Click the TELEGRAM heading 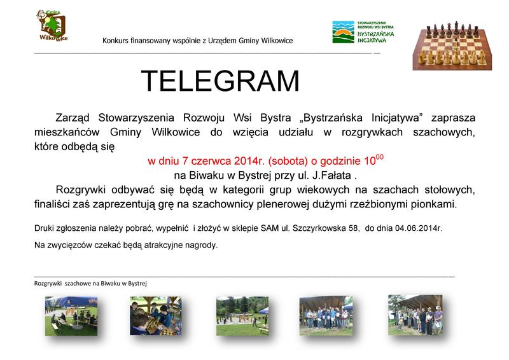(x=220, y=81)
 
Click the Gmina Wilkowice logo (x=53, y=25)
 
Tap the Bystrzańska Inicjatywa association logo (x=363, y=32)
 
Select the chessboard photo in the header (x=452, y=45)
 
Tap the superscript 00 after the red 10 (x=379, y=158)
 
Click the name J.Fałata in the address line (x=331, y=176)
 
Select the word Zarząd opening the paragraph (x=73, y=118)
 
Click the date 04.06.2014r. (x=419, y=228)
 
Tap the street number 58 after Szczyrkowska (x=354, y=228)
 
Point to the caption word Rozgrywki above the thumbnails (x=48, y=284)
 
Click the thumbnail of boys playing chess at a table (x=156, y=316)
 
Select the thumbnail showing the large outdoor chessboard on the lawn (x=242, y=316)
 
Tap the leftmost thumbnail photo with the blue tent (x=71, y=316)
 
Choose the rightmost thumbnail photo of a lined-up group (x=415, y=315)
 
